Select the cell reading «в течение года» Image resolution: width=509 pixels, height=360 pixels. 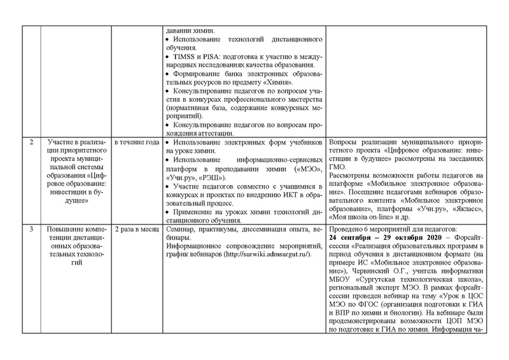pos(136,141)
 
